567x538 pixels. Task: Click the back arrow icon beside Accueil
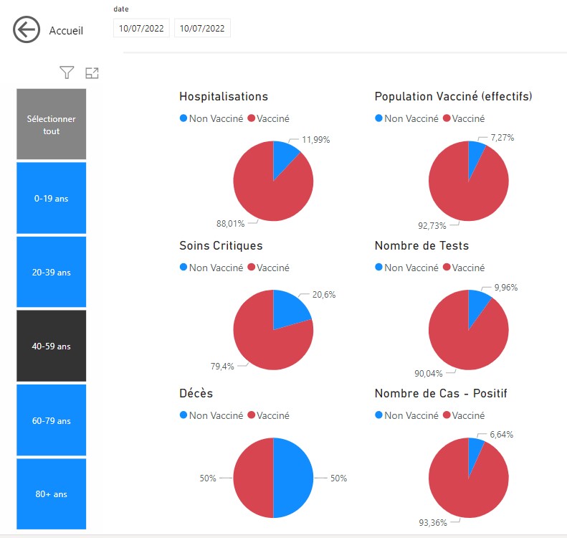pyautogui.click(x=26, y=30)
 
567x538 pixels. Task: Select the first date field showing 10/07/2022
pyautogui.click(x=141, y=29)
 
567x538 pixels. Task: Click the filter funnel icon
pyautogui.click(x=67, y=72)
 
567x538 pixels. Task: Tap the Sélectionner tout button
pyautogui.click(x=52, y=125)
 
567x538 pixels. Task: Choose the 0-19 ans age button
pyautogui.click(x=52, y=198)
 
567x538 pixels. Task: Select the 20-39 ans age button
pyautogui.click(x=52, y=273)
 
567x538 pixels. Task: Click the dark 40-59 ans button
pyautogui.click(x=52, y=346)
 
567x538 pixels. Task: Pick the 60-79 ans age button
pyautogui.click(x=52, y=421)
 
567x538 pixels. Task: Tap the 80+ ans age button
pyautogui.click(x=52, y=494)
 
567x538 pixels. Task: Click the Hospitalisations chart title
pyautogui.click(x=224, y=96)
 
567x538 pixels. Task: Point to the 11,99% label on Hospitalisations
pyautogui.click(x=315, y=140)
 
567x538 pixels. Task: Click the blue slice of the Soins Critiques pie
pyautogui.click(x=291, y=307)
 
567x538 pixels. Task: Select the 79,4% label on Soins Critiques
pyautogui.click(x=222, y=367)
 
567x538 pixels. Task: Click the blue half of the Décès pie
pyautogui.click(x=294, y=478)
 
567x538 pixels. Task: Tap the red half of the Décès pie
pyautogui.click(x=253, y=478)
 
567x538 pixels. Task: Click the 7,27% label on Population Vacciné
pyautogui.click(x=502, y=137)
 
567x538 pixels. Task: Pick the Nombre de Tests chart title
pyautogui.click(x=421, y=245)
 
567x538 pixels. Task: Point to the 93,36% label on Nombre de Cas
pyautogui.click(x=433, y=522)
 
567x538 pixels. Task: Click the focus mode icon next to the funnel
pyautogui.click(x=92, y=72)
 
